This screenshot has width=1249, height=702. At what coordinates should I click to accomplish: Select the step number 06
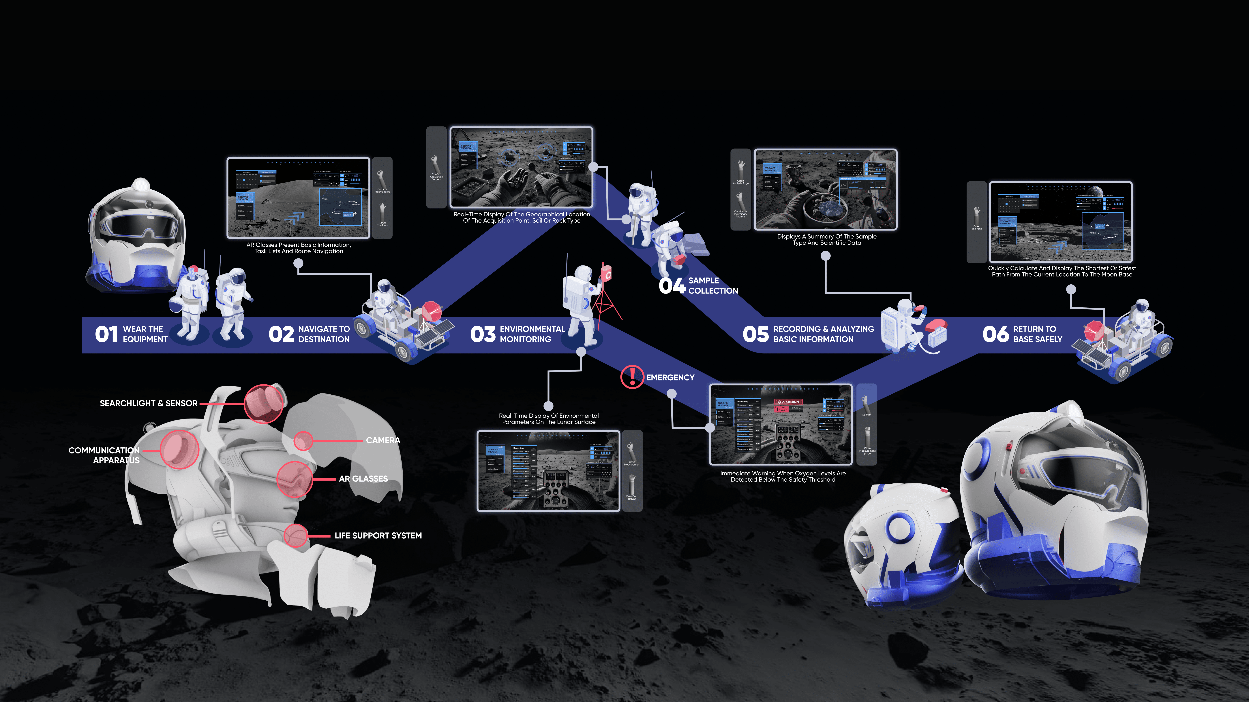point(995,334)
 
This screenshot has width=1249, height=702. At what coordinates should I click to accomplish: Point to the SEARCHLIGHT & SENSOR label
point(148,403)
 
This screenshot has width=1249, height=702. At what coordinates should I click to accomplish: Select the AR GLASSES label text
point(363,479)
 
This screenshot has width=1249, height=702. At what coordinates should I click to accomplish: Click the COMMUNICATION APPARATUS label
point(104,455)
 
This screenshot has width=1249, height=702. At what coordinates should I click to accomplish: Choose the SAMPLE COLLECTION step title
point(713,285)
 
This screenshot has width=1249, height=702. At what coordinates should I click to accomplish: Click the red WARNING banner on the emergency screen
point(789,402)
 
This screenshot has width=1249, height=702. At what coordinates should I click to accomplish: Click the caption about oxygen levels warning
point(783,476)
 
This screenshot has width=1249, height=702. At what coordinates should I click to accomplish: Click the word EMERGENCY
point(670,377)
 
